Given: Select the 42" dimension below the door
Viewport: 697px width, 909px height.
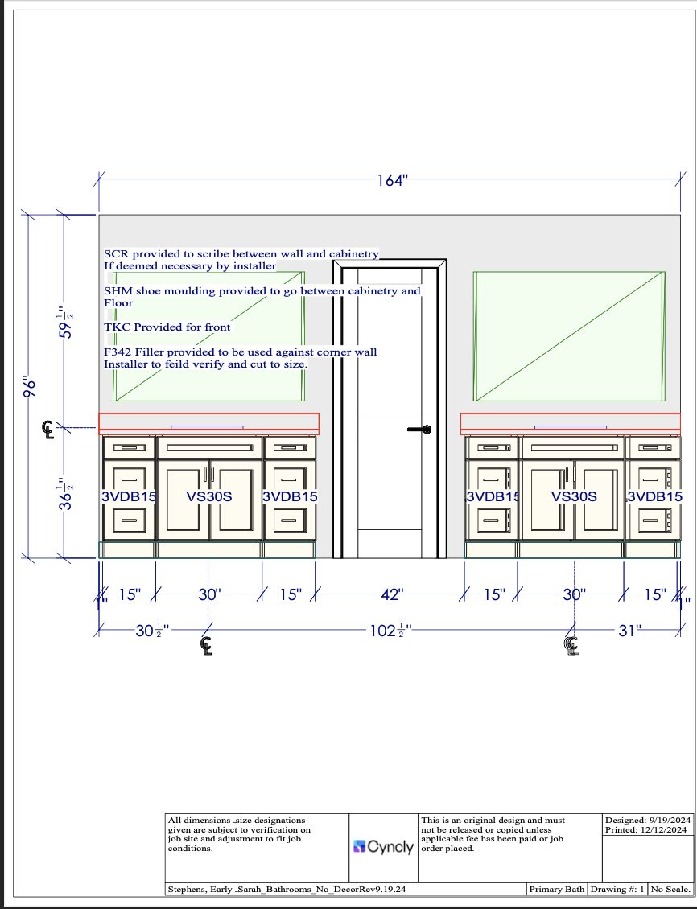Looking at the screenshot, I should [x=391, y=595].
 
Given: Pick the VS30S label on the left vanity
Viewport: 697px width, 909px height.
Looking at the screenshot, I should [x=209, y=496].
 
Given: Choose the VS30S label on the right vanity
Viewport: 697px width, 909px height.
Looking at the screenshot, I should [x=574, y=496].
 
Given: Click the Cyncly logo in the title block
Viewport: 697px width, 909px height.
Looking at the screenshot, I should [x=384, y=847].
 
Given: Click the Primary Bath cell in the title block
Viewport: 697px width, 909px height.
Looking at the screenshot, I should [x=556, y=890].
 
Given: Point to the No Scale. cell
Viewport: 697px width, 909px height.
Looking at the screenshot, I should [x=670, y=890].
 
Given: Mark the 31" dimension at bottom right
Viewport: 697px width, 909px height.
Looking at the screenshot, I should [x=628, y=631].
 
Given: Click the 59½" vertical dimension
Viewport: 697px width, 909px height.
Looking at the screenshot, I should [x=69, y=322].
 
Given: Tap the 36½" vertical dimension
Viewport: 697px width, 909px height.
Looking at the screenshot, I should [x=69, y=494].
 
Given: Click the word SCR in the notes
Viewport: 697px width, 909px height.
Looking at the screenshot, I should [x=116, y=254].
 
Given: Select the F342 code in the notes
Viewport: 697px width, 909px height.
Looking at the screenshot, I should [x=118, y=352].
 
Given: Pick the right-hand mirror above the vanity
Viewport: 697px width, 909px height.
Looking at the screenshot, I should [x=569, y=335].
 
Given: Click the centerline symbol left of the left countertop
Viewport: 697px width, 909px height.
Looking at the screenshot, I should [x=49, y=430].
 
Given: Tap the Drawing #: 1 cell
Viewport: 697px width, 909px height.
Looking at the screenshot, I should [x=617, y=890].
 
